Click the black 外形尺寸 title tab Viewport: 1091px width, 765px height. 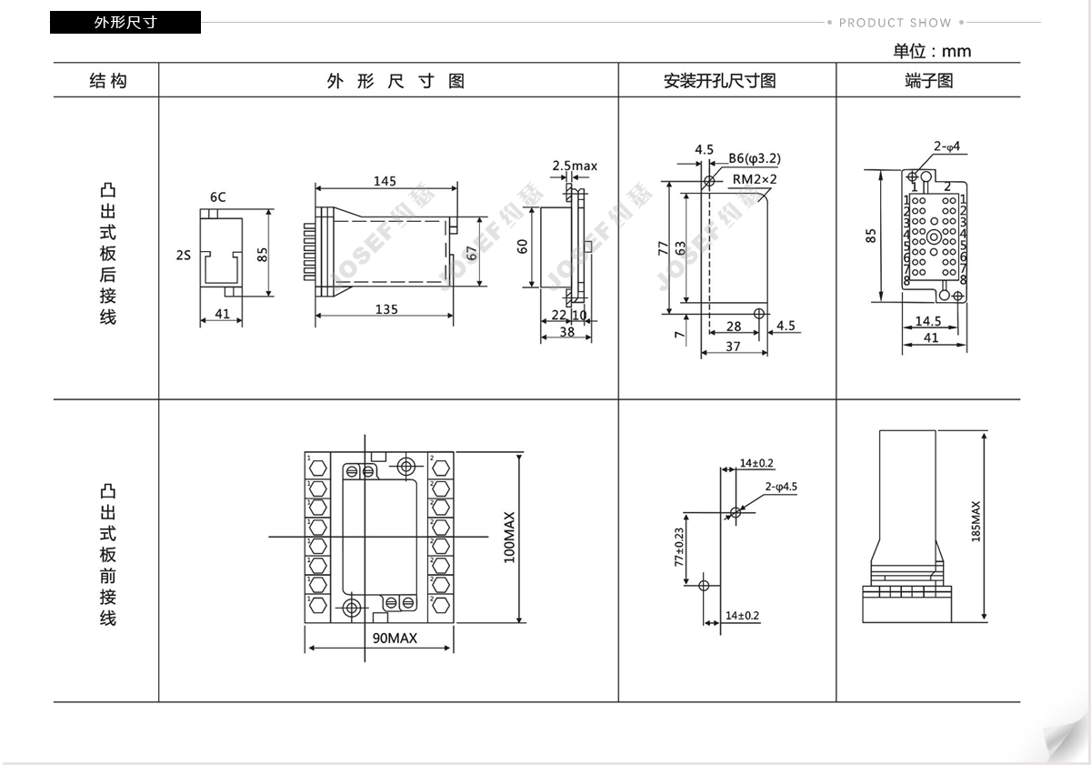tap(125, 23)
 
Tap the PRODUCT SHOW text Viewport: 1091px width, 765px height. tap(895, 23)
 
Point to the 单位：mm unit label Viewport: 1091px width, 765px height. tap(931, 51)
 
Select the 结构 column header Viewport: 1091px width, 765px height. tap(107, 81)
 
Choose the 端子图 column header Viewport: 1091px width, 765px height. tap(928, 81)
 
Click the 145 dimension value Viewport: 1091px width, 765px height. tap(385, 181)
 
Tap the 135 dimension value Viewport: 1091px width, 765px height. tap(386, 309)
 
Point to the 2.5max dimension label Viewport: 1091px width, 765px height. tap(575, 166)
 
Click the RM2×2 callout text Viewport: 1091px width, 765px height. tap(755, 179)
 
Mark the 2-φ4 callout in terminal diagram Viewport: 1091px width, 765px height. tap(946, 146)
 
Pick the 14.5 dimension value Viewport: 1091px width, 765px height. tap(927, 321)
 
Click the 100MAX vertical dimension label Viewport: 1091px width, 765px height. tap(509, 537)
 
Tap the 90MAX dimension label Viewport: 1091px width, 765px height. tap(395, 638)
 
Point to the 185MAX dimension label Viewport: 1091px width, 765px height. tap(976, 521)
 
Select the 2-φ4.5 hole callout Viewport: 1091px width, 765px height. tap(781, 487)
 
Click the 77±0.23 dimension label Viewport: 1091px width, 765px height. tap(679, 548)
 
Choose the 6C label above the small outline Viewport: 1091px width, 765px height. tap(217, 196)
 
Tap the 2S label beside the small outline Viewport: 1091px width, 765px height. tap(184, 256)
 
